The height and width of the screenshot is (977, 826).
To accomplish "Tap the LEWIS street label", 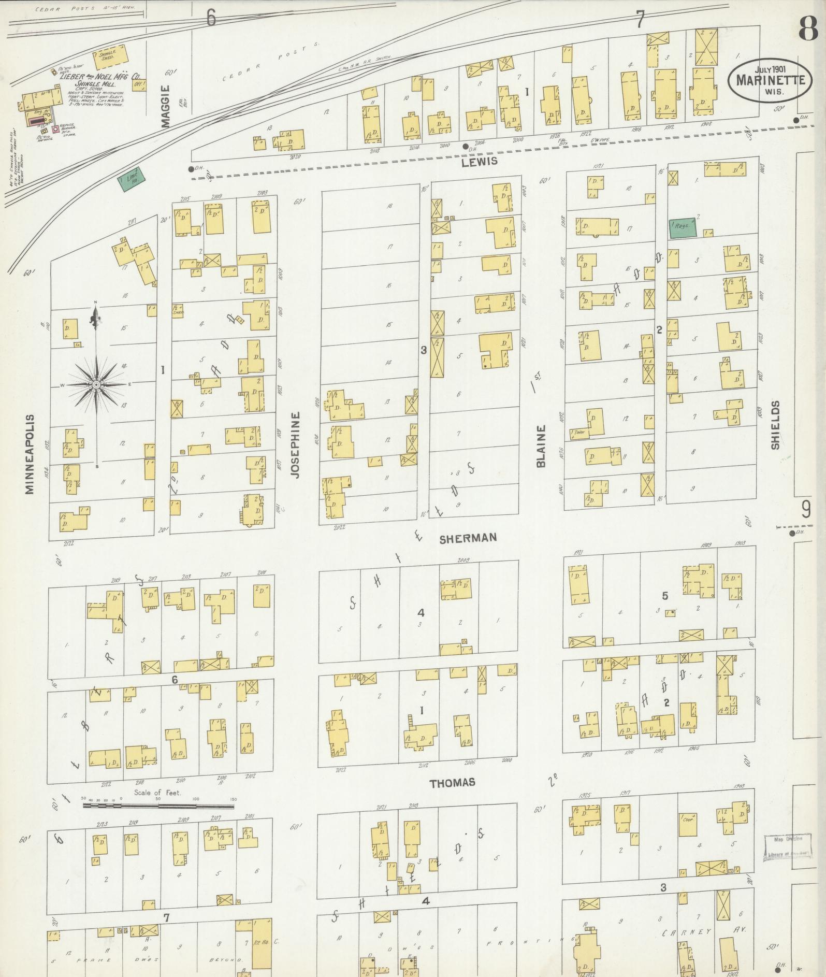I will pos(480,161).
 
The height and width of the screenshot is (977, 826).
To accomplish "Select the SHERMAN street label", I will pos(468,538).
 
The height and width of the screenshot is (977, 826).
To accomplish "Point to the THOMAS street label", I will pos(452,783).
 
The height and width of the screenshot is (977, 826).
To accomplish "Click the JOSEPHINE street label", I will pos(296,445).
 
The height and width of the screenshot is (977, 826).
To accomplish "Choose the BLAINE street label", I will pos(541,446).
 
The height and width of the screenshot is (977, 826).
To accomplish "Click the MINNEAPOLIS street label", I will pos(30,454).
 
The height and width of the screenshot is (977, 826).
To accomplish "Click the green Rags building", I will pos(683,227).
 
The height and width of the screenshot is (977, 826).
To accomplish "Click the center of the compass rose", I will pos(96,385).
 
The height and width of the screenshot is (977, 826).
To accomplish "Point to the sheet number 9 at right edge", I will pos(806,510).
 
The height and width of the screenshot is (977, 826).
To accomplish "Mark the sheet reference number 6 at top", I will pos(211,18).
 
